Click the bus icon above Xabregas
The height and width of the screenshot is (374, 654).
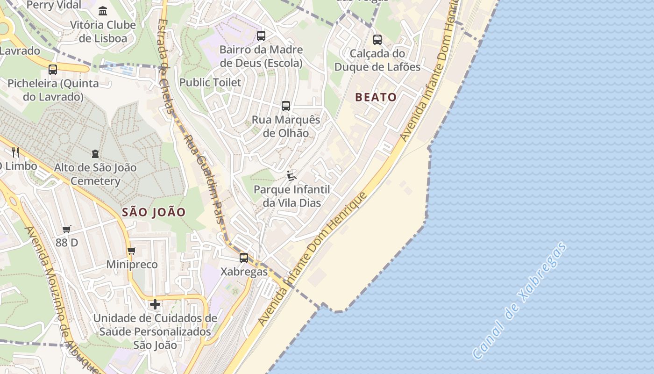point(244,258)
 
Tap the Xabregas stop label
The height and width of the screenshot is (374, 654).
point(244,272)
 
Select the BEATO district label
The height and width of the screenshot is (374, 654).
point(376,97)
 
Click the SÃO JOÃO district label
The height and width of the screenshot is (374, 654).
point(154,212)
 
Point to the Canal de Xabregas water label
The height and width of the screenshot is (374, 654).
point(520,301)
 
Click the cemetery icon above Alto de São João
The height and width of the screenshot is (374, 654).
point(95,154)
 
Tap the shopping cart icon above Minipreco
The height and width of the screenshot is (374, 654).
point(132,251)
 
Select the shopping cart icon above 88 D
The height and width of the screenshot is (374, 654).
point(67,230)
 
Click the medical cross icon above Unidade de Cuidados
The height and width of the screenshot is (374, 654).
point(155,305)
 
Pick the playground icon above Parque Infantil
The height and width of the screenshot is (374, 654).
point(291,176)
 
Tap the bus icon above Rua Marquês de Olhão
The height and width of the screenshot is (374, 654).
point(286,106)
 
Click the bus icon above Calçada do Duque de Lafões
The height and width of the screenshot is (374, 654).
point(377,40)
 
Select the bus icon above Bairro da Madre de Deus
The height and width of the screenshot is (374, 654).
point(261,36)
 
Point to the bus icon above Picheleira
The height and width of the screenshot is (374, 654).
point(53,70)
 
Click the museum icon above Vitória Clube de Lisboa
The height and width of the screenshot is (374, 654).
point(103,11)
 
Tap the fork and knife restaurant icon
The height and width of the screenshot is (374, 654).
point(15,152)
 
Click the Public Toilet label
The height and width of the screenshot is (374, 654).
point(210,82)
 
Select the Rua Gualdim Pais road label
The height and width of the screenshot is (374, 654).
point(205,187)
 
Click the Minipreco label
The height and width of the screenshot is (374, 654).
point(132,265)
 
